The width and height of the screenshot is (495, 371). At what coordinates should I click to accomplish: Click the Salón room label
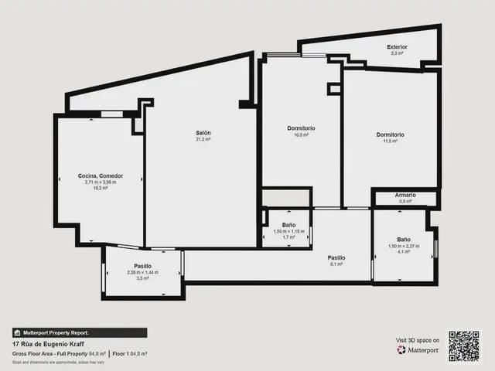(x=203, y=133)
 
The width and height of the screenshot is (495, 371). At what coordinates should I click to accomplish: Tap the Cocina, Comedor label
(x=101, y=175)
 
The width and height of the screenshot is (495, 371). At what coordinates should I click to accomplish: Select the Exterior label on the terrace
(x=397, y=47)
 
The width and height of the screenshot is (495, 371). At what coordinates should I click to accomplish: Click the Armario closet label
(x=405, y=195)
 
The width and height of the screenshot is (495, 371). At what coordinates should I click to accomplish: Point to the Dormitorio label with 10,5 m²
(x=301, y=128)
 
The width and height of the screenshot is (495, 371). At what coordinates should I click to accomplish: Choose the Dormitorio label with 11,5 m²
(x=390, y=134)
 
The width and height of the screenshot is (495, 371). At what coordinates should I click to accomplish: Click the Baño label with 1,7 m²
(x=288, y=225)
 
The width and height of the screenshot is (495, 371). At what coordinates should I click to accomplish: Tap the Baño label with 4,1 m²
(x=404, y=239)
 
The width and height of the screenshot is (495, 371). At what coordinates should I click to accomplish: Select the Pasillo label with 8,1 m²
(x=336, y=257)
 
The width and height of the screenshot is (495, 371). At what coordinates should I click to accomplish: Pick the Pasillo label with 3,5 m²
(x=142, y=266)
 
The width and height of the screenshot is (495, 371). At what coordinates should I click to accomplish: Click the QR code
(x=464, y=346)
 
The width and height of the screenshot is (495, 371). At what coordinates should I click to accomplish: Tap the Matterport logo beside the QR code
(x=418, y=350)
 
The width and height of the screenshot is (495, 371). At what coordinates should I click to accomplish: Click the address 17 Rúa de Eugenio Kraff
(x=49, y=343)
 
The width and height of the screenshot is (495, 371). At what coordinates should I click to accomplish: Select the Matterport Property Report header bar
(x=80, y=332)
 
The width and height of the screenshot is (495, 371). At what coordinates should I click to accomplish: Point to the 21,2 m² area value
(x=203, y=140)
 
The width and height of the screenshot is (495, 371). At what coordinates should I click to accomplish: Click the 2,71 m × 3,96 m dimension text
(x=101, y=182)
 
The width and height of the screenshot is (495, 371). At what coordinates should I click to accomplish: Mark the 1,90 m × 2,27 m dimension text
(x=404, y=246)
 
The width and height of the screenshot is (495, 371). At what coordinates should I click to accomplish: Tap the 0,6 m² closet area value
(x=405, y=202)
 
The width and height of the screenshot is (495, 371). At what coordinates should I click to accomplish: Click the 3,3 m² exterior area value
(x=397, y=54)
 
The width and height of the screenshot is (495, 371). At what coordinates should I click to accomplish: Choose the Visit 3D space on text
(x=418, y=340)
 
